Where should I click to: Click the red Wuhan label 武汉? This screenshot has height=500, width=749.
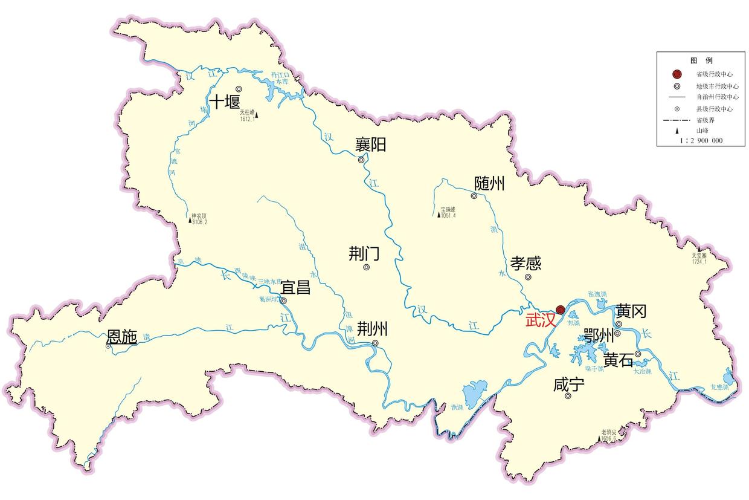(x=540, y=320)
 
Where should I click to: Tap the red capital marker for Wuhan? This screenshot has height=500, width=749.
(x=560, y=310)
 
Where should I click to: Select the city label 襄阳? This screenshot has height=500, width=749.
(x=370, y=145)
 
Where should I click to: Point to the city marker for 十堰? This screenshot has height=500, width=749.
(x=239, y=89)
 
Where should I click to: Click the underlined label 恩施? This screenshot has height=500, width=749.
(x=121, y=337)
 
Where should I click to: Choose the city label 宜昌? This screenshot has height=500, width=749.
(x=295, y=287)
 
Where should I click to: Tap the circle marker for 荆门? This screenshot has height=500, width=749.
(x=366, y=267)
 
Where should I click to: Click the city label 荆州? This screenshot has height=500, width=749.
(x=372, y=329)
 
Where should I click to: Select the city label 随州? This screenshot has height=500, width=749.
(x=489, y=184)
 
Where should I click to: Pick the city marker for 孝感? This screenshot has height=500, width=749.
(x=528, y=278)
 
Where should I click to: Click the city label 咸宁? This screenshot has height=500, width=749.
(x=568, y=385)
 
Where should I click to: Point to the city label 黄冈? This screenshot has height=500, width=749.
(x=631, y=311)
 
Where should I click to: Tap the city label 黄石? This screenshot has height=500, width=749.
(x=618, y=360)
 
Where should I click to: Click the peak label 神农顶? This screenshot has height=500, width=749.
(x=199, y=215)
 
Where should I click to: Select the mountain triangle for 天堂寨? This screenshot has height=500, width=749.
(x=699, y=250)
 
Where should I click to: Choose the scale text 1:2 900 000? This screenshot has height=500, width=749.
(x=701, y=140)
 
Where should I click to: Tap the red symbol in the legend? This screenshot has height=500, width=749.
(x=677, y=74)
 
